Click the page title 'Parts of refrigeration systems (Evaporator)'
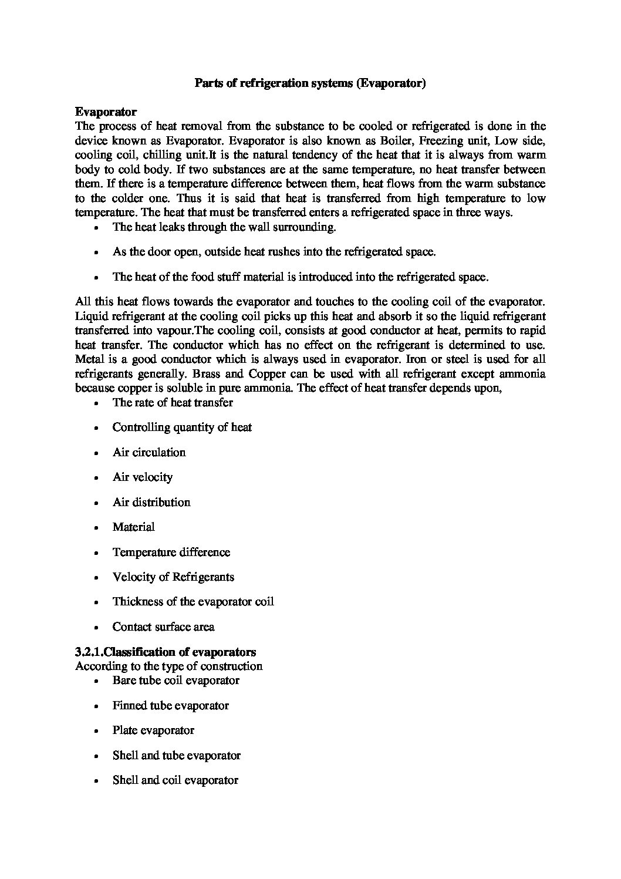[x=310, y=83]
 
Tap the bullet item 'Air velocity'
[x=143, y=477]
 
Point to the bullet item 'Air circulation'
[x=149, y=452]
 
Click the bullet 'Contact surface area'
[x=164, y=627]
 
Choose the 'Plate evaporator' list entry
[x=153, y=730]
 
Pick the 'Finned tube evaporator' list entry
[x=171, y=705]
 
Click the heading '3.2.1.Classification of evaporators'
[x=166, y=652]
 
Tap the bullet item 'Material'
[x=134, y=527]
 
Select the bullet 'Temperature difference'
[x=171, y=552]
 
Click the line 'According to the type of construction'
[x=169, y=666]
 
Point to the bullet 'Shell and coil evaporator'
[x=176, y=780]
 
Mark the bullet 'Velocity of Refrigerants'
[x=173, y=577]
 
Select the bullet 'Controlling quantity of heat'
[x=182, y=427]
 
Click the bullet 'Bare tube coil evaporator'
[x=176, y=680]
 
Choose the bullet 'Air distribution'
[x=151, y=502]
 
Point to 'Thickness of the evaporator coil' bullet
[x=193, y=601]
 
